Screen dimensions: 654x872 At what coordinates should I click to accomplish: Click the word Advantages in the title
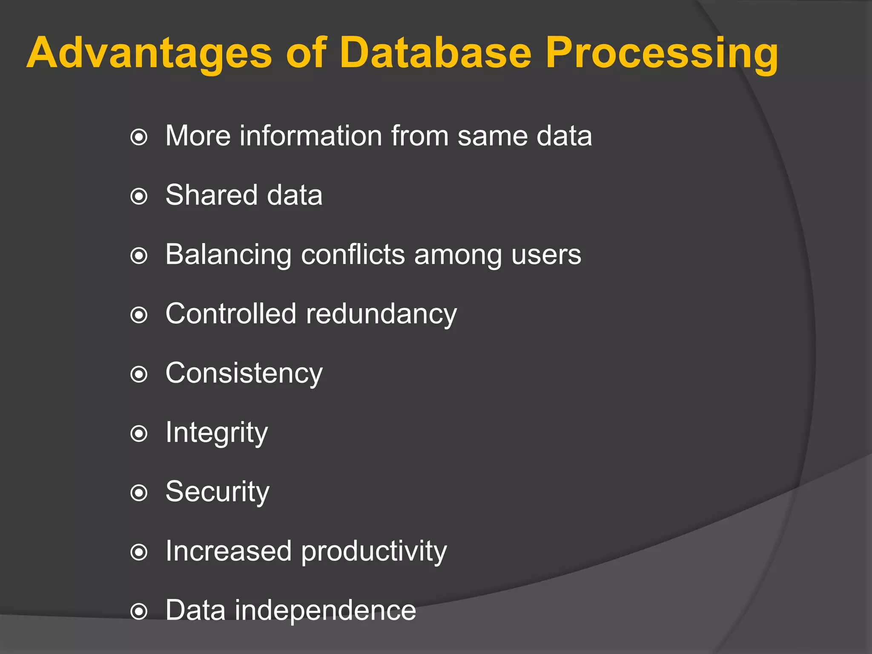coord(149,53)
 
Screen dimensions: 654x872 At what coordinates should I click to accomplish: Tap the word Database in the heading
coord(436,53)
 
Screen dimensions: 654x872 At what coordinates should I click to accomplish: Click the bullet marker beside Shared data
coord(139,197)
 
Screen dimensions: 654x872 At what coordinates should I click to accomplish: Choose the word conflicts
coord(353,255)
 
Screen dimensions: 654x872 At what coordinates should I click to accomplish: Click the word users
coord(546,255)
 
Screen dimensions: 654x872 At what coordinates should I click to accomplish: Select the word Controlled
coord(231,314)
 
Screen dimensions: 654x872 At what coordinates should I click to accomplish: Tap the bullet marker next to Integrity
coord(139,434)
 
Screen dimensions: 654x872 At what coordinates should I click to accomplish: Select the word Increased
coord(228,551)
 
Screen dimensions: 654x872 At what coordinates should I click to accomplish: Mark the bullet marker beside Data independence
coord(139,612)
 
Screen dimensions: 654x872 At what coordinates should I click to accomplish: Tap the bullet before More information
coord(139,138)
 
